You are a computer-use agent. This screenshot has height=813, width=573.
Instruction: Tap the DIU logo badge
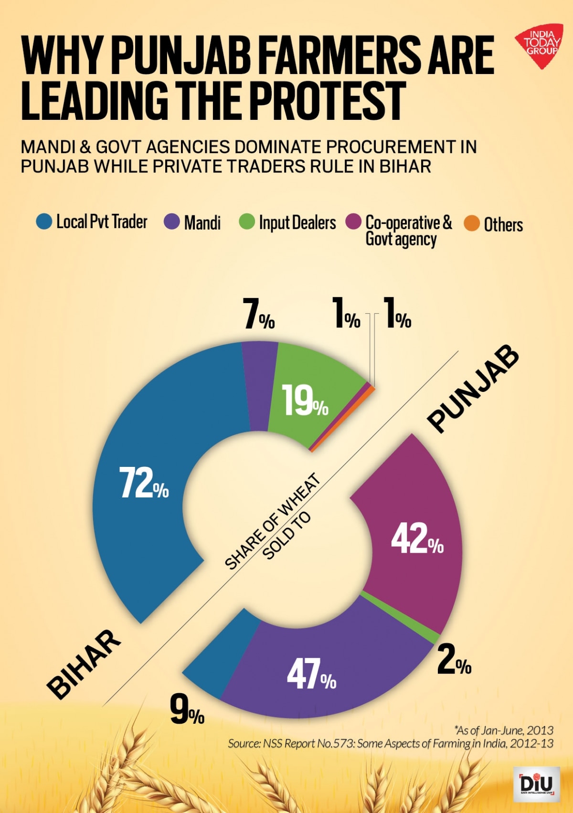pos(536,784)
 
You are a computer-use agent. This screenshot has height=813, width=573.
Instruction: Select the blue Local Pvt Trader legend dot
pos(44,222)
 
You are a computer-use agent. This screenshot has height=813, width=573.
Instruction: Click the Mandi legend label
pos(202,223)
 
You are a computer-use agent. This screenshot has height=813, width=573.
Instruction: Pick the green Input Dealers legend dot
pos(247,222)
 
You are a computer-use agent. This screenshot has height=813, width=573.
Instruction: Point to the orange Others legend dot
pos(472,223)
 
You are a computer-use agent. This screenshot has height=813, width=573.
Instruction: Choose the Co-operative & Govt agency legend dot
pos(353,222)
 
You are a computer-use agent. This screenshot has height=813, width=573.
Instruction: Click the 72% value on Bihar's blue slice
pos(143,483)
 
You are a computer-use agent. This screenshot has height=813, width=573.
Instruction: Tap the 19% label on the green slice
pos(304,401)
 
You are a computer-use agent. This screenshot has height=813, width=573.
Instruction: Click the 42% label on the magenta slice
pos(417,539)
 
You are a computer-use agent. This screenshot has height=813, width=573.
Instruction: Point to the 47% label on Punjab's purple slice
pos(311,675)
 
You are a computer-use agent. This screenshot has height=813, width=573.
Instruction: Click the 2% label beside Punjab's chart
pos(454,661)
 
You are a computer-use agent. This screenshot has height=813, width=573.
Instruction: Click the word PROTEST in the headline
pos(327,101)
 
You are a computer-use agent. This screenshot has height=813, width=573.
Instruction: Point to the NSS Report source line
pos(390,743)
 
